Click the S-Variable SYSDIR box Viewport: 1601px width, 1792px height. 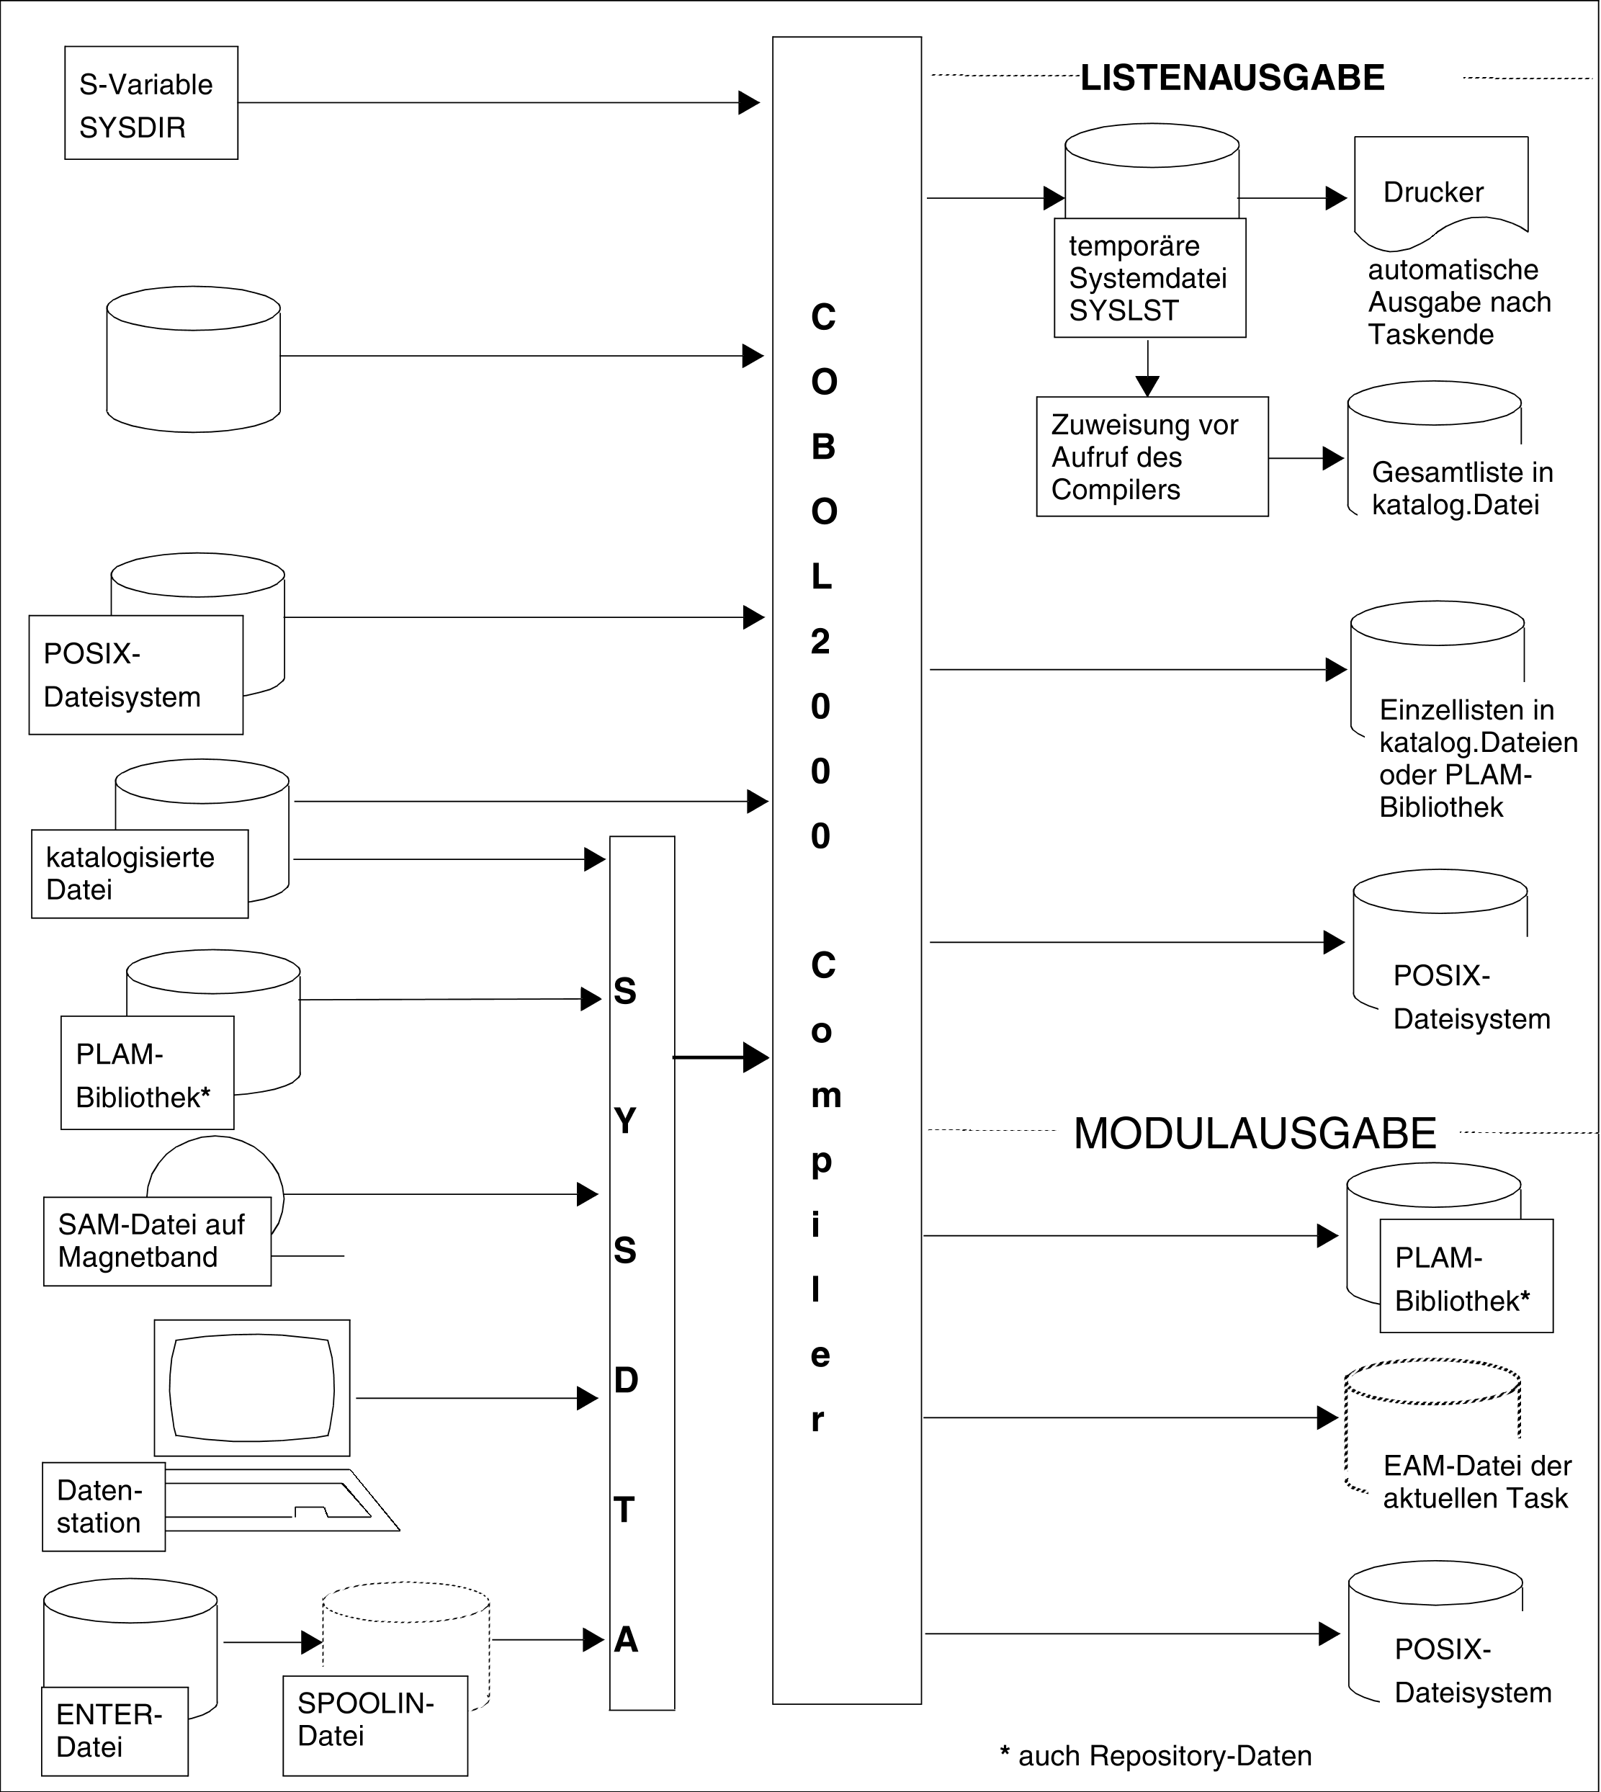pyautogui.click(x=151, y=103)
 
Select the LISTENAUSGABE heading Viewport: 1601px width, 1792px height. pyautogui.click(x=1232, y=79)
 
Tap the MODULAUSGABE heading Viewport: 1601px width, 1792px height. pyautogui.click(x=1255, y=1133)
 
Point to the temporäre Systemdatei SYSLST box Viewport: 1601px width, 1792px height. pyautogui.click(x=1149, y=278)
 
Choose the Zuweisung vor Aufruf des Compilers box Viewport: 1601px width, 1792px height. pyautogui.click(x=1152, y=457)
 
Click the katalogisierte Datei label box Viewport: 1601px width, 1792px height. pyautogui.click(x=140, y=874)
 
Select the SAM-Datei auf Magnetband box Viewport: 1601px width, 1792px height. pyautogui.click(x=156, y=1241)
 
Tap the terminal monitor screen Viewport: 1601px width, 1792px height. pyautogui.click(x=251, y=1388)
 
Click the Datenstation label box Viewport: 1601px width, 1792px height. pyautogui.click(x=103, y=1507)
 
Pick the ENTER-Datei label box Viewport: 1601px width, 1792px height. pyautogui.click(x=115, y=1731)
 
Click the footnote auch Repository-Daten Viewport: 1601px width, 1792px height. pyautogui.click(x=1155, y=1756)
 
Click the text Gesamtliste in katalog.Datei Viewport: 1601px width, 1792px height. pyautogui.click(x=1461, y=488)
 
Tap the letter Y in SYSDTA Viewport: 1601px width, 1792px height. pyautogui.click(x=624, y=1121)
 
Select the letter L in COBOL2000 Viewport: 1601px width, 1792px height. pyautogui.click(x=821, y=577)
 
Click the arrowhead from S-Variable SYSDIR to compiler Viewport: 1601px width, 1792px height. pyautogui.click(x=748, y=103)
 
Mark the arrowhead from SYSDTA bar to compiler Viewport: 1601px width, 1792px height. pyautogui.click(x=755, y=1057)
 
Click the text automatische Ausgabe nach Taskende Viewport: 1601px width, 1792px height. pyautogui.click(x=1458, y=302)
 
